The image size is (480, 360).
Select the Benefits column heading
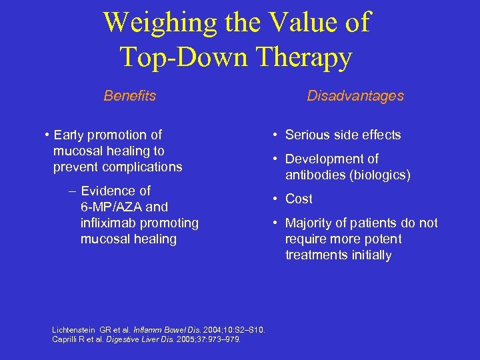click(129, 96)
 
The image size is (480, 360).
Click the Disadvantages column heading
click(355, 96)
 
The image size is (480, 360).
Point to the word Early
click(71, 135)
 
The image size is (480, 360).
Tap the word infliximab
click(109, 223)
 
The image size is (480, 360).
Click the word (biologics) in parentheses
click(377, 175)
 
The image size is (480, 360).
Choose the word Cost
click(299, 199)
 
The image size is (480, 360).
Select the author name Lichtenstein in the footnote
click(74, 330)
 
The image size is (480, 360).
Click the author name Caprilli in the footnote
click(66, 339)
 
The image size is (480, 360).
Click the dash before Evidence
click(71, 191)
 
